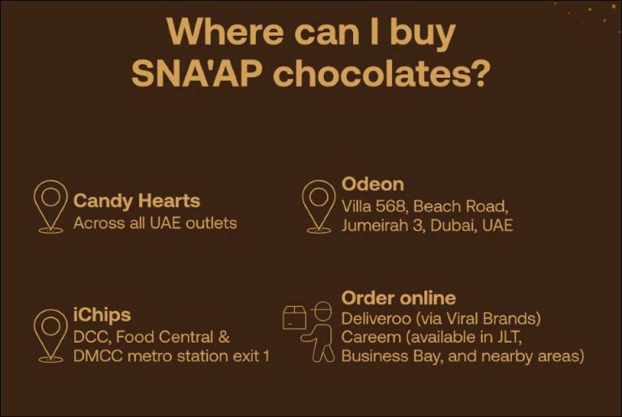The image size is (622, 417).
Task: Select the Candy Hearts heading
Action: [137, 201]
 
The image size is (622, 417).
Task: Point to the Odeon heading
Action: [373, 184]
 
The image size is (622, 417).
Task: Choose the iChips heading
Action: [102, 314]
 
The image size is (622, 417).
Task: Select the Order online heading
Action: [398, 297]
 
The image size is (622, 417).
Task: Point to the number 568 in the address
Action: [393, 206]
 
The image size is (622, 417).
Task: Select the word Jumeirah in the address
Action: [374, 225]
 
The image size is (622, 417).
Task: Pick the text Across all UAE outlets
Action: [155, 223]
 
